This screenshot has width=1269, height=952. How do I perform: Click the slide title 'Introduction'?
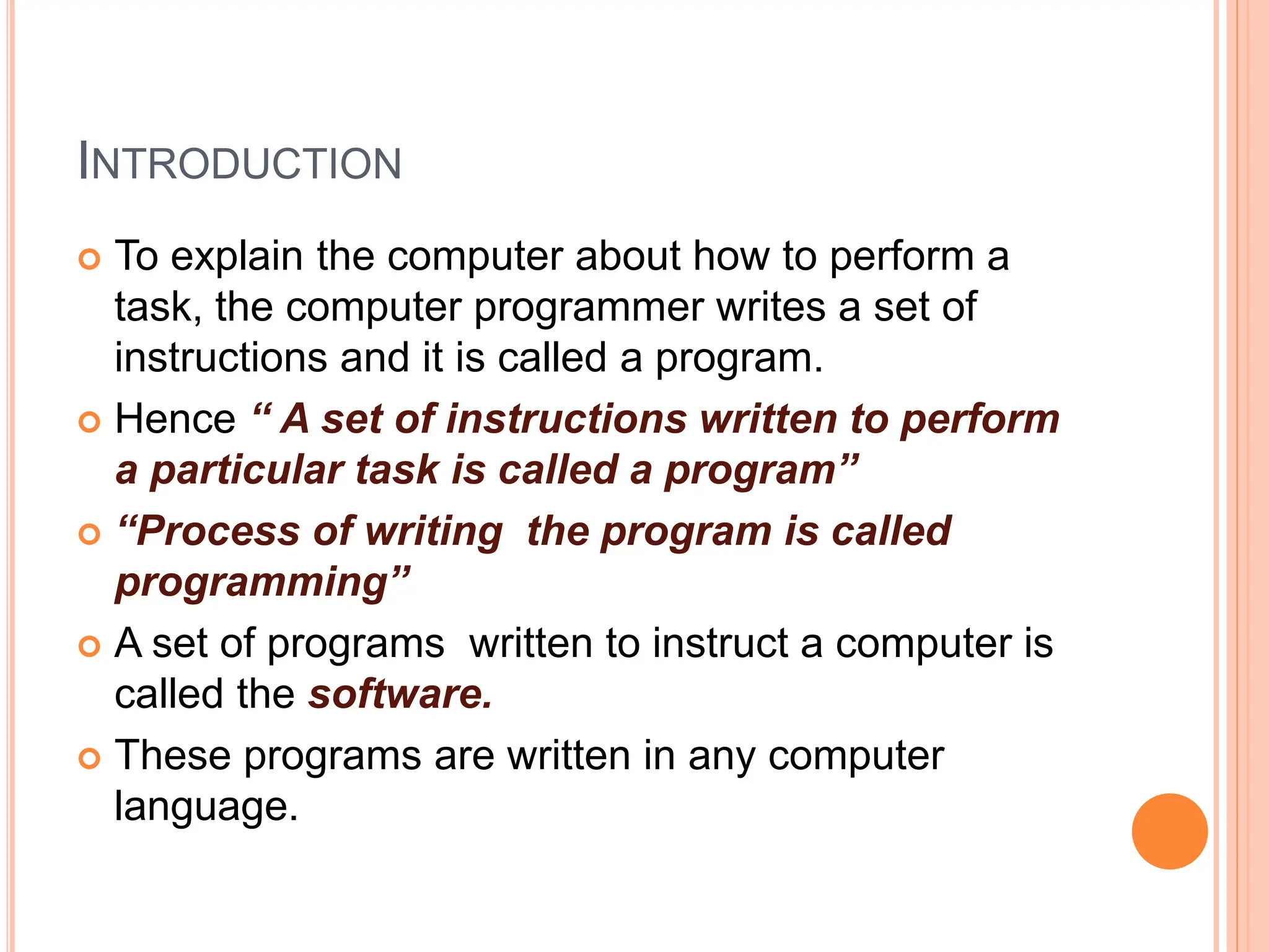pos(240,162)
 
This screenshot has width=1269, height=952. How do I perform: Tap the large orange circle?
pos(1169,831)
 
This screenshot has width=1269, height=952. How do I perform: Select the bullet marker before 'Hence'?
pos(90,423)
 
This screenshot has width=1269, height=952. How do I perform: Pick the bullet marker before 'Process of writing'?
pos(90,534)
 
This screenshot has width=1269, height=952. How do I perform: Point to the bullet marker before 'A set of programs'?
pos(90,646)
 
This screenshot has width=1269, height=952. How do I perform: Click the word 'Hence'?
pos(175,419)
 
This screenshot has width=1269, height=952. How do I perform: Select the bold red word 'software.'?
pos(400,694)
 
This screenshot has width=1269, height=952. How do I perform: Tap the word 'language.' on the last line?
pos(206,806)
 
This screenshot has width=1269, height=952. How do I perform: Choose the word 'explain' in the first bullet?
pos(237,257)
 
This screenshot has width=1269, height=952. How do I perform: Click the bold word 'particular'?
pos(247,470)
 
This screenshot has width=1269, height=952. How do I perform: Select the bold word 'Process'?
pos(217,532)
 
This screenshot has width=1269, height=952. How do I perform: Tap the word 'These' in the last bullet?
pos(173,756)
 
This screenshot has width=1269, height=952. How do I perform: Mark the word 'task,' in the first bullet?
pos(159,308)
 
